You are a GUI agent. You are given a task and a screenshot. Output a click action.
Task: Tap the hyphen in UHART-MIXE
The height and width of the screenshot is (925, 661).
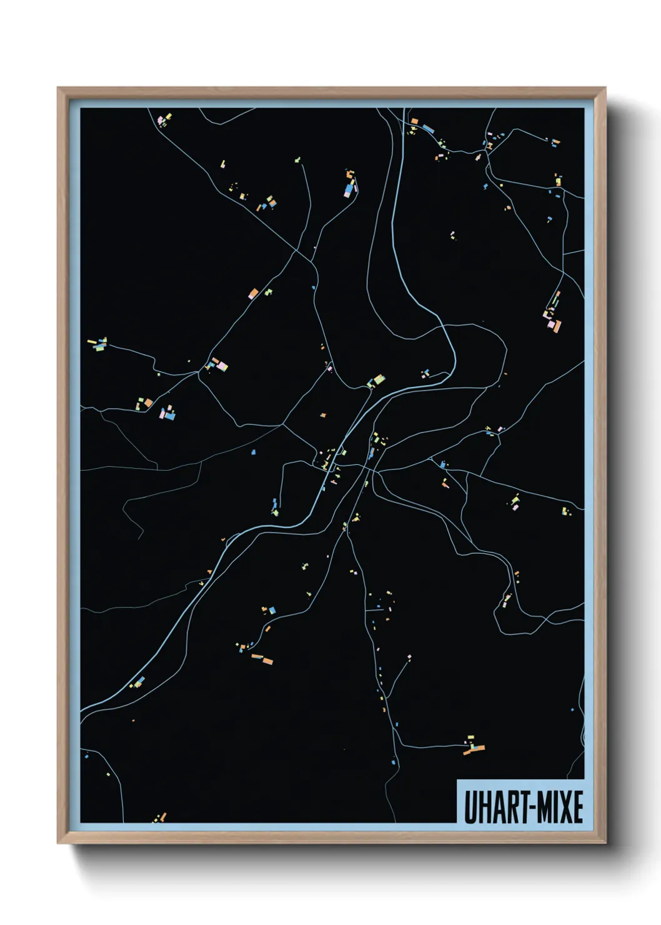coord(524,808)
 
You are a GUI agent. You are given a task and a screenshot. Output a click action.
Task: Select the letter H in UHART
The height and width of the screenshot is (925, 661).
coord(480,807)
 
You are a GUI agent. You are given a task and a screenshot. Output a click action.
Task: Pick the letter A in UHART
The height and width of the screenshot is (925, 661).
coord(491,807)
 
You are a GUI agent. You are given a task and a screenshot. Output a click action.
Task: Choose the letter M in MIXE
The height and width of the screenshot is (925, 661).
coord(538,807)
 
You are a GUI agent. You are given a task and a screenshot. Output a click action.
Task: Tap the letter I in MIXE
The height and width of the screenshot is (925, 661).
coord(550,807)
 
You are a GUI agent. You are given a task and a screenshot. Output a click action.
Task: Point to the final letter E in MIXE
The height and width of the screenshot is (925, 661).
coord(577,807)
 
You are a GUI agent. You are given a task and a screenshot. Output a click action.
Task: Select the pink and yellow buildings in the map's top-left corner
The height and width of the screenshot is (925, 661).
coord(164,119)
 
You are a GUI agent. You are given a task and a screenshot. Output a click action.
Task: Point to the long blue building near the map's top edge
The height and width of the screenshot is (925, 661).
coord(428,129)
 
